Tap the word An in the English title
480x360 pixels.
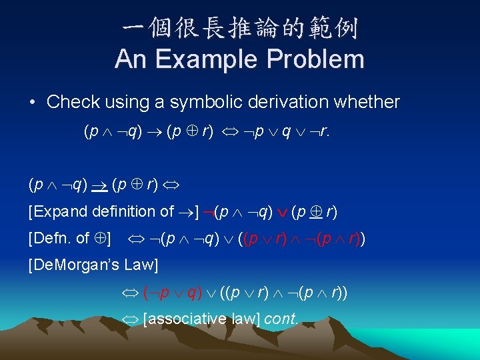pyautogui.click(x=131, y=59)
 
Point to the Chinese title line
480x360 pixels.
pyautogui.click(x=240, y=29)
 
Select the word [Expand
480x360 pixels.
pyautogui.click(x=55, y=212)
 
